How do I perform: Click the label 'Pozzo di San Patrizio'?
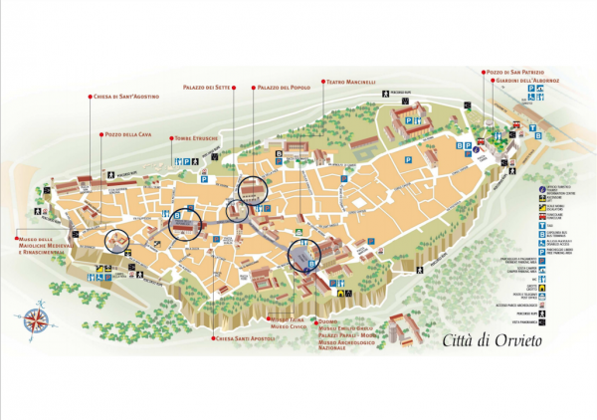tap(515, 72)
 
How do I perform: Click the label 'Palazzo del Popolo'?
tap(285, 88)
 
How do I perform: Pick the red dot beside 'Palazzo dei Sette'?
tap(234, 88)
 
